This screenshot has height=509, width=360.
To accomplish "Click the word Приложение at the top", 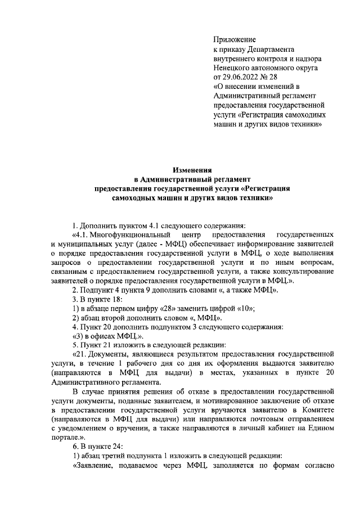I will pos(235,40).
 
